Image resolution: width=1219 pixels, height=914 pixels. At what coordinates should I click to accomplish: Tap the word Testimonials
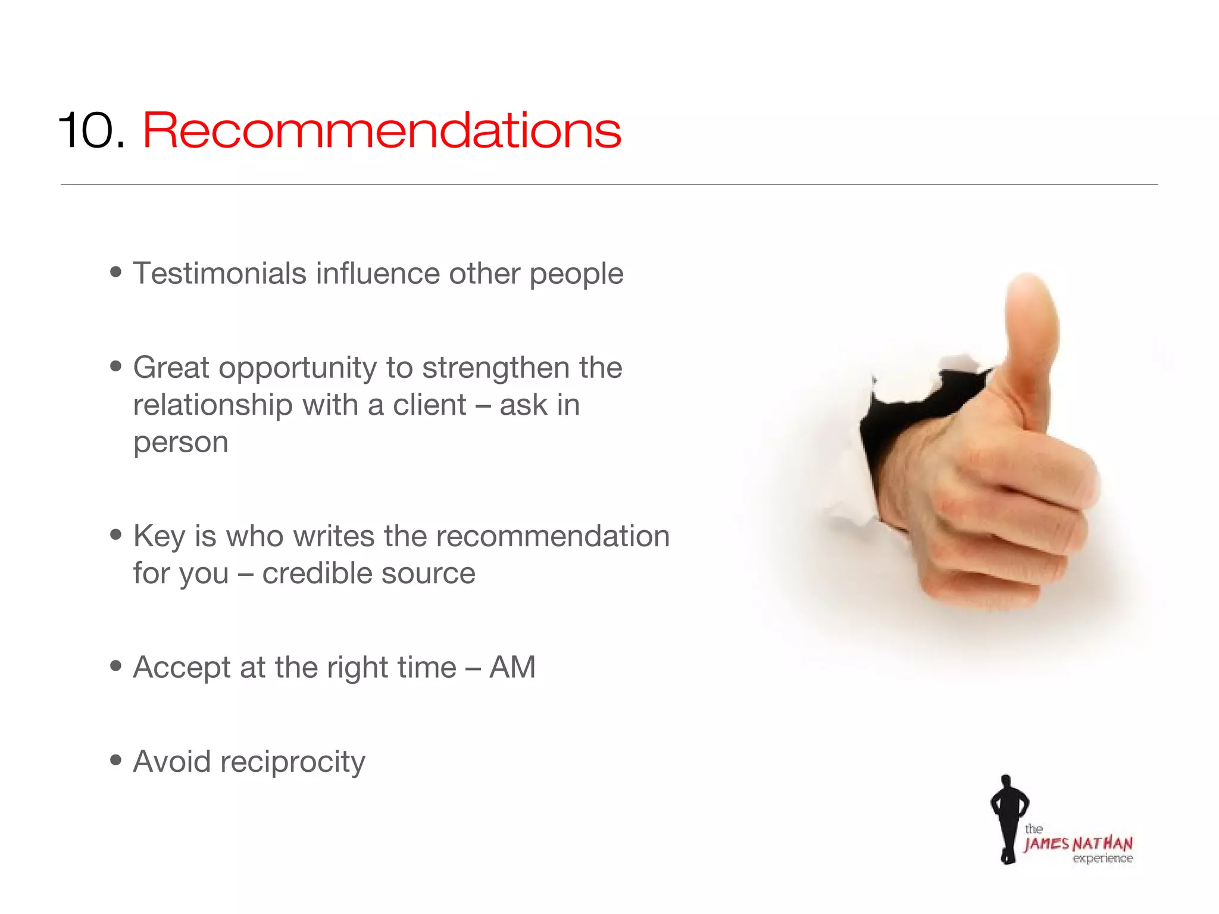pyautogui.click(x=220, y=274)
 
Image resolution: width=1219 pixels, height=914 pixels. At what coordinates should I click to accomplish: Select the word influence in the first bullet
pyautogui.click(x=377, y=274)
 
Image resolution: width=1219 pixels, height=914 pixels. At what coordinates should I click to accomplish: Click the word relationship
pyautogui.click(x=212, y=406)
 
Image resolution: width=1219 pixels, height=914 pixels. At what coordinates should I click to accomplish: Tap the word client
pyautogui.click(x=429, y=405)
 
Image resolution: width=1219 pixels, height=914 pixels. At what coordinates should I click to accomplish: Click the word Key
pyautogui.click(x=159, y=537)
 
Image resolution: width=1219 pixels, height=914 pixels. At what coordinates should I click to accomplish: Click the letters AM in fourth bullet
pyautogui.click(x=512, y=667)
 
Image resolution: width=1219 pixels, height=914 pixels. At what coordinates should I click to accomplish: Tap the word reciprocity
pyautogui.click(x=292, y=762)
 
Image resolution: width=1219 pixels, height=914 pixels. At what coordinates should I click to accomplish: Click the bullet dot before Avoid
pyautogui.click(x=116, y=760)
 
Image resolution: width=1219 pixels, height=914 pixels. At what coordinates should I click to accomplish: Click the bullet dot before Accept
pyautogui.click(x=116, y=666)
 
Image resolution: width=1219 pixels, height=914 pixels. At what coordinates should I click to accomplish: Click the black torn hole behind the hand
pyautogui.click(x=893, y=428)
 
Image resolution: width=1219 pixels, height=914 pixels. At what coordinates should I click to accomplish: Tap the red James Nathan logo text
pyautogui.click(x=1078, y=844)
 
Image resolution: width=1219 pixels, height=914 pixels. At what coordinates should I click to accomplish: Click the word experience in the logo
pyautogui.click(x=1102, y=859)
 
